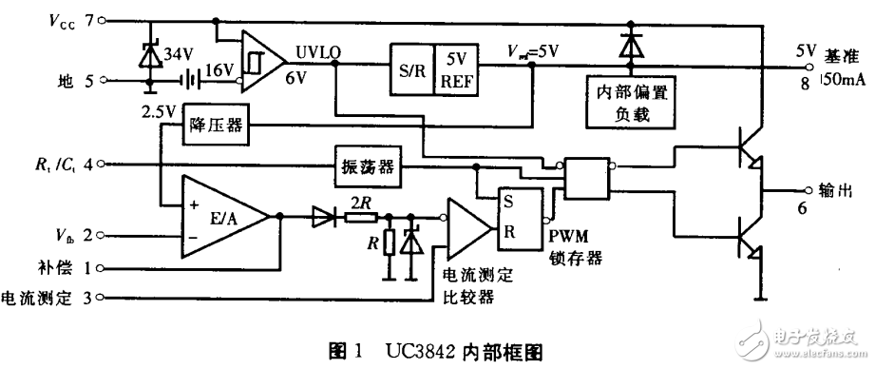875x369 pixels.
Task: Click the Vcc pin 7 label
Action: (x=52, y=18)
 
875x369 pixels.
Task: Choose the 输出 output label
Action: (x=836, y=186)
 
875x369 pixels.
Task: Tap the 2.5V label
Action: (x=157, y=111)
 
